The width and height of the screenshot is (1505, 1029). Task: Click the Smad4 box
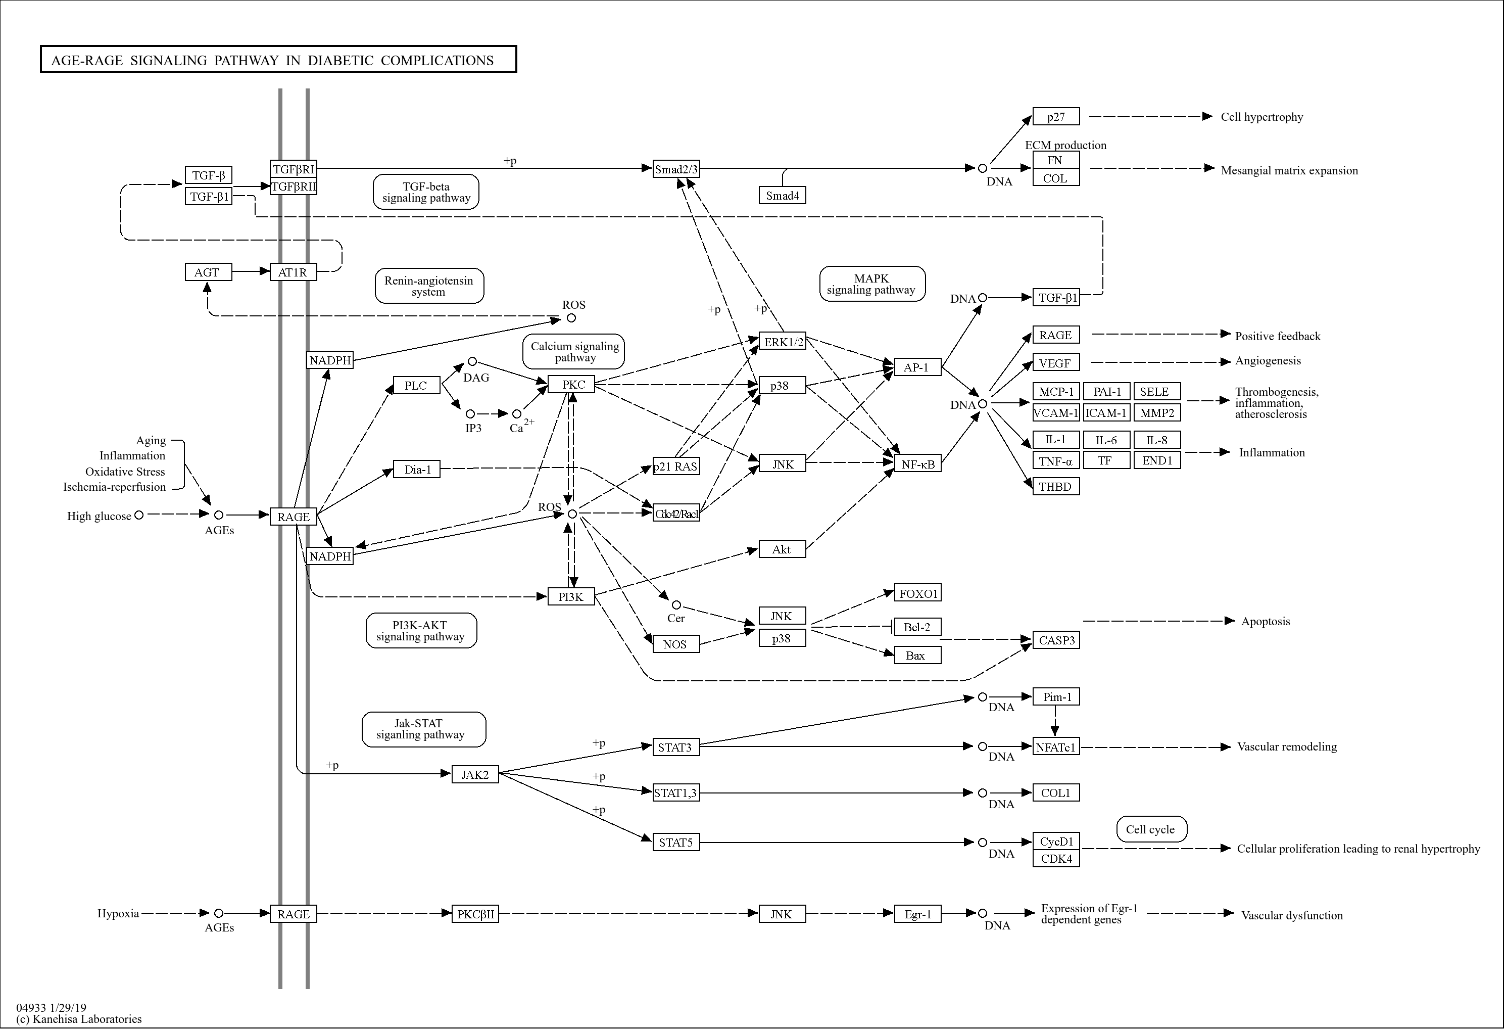point(782,195)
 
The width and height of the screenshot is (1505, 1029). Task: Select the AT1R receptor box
point(293,272)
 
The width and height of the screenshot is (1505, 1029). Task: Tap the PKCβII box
point(475,914)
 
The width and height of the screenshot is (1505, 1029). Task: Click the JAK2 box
point(475,774)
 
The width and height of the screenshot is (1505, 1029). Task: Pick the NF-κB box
point(917,464)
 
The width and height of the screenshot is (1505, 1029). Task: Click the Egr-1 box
point(917,914)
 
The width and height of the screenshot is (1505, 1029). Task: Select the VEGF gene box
point(1055,363)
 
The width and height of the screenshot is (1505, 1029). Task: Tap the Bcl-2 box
point(917,627)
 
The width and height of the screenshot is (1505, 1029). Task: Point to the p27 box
point(1055,117)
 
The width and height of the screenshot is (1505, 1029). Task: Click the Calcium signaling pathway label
point(574,352)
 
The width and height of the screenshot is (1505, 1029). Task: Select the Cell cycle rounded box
point(1151,829)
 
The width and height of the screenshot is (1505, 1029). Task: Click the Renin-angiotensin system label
point(429,286)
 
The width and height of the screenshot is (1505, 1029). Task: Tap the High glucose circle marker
point(138,515)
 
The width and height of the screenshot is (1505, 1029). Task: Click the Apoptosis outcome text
point(1265,622)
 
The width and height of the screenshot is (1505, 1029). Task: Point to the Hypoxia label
point(118,914)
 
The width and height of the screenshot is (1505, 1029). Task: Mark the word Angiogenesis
point(1268,361)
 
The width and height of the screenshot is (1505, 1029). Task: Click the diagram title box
point(278,60)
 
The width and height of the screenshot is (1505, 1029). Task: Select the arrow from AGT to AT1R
point(251,271)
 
